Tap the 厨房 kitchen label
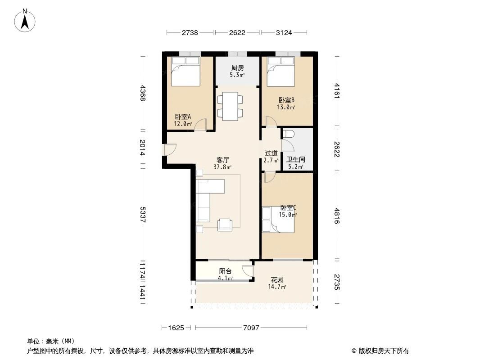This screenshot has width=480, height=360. click(237, 67)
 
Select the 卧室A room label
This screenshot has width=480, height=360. click(183, 117)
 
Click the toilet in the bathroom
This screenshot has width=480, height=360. click(289, 134)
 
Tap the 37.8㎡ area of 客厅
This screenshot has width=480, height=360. click(223, 167)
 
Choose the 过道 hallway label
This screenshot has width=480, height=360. click(271, 153)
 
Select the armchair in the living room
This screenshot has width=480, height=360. click(225, 224)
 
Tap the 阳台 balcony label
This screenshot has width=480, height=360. click(225, 271)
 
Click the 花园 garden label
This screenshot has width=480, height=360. click(277, 279)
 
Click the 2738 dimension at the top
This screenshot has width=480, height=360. click(190, 32)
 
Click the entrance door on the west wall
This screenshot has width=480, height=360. click(170, 149)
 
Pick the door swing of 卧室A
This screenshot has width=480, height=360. click(200, 125)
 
